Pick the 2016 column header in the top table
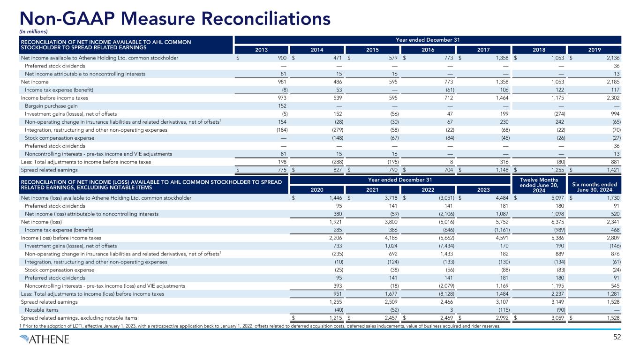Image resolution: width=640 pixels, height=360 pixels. coord(427,50)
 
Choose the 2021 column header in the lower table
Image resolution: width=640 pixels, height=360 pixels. coord(371,190)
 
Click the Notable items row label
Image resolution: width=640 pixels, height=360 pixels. coord(41,310)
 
